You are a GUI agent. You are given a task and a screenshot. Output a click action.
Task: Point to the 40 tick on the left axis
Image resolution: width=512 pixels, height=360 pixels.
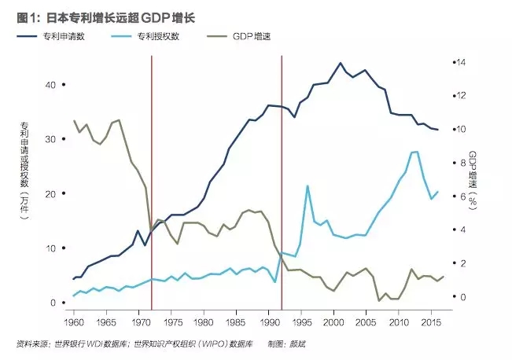53,84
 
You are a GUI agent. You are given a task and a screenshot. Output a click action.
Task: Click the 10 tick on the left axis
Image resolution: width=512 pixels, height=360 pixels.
53,248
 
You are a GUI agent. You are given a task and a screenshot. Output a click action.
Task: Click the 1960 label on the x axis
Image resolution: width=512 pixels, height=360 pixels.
74,322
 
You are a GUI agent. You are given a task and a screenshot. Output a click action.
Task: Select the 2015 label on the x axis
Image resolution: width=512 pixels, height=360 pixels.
430,322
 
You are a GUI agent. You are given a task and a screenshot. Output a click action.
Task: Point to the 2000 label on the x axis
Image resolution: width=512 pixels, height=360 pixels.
333,322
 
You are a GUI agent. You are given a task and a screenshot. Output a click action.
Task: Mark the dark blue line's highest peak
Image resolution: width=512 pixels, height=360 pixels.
340,63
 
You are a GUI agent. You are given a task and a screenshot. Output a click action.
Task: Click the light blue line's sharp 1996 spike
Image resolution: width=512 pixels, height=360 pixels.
308,186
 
